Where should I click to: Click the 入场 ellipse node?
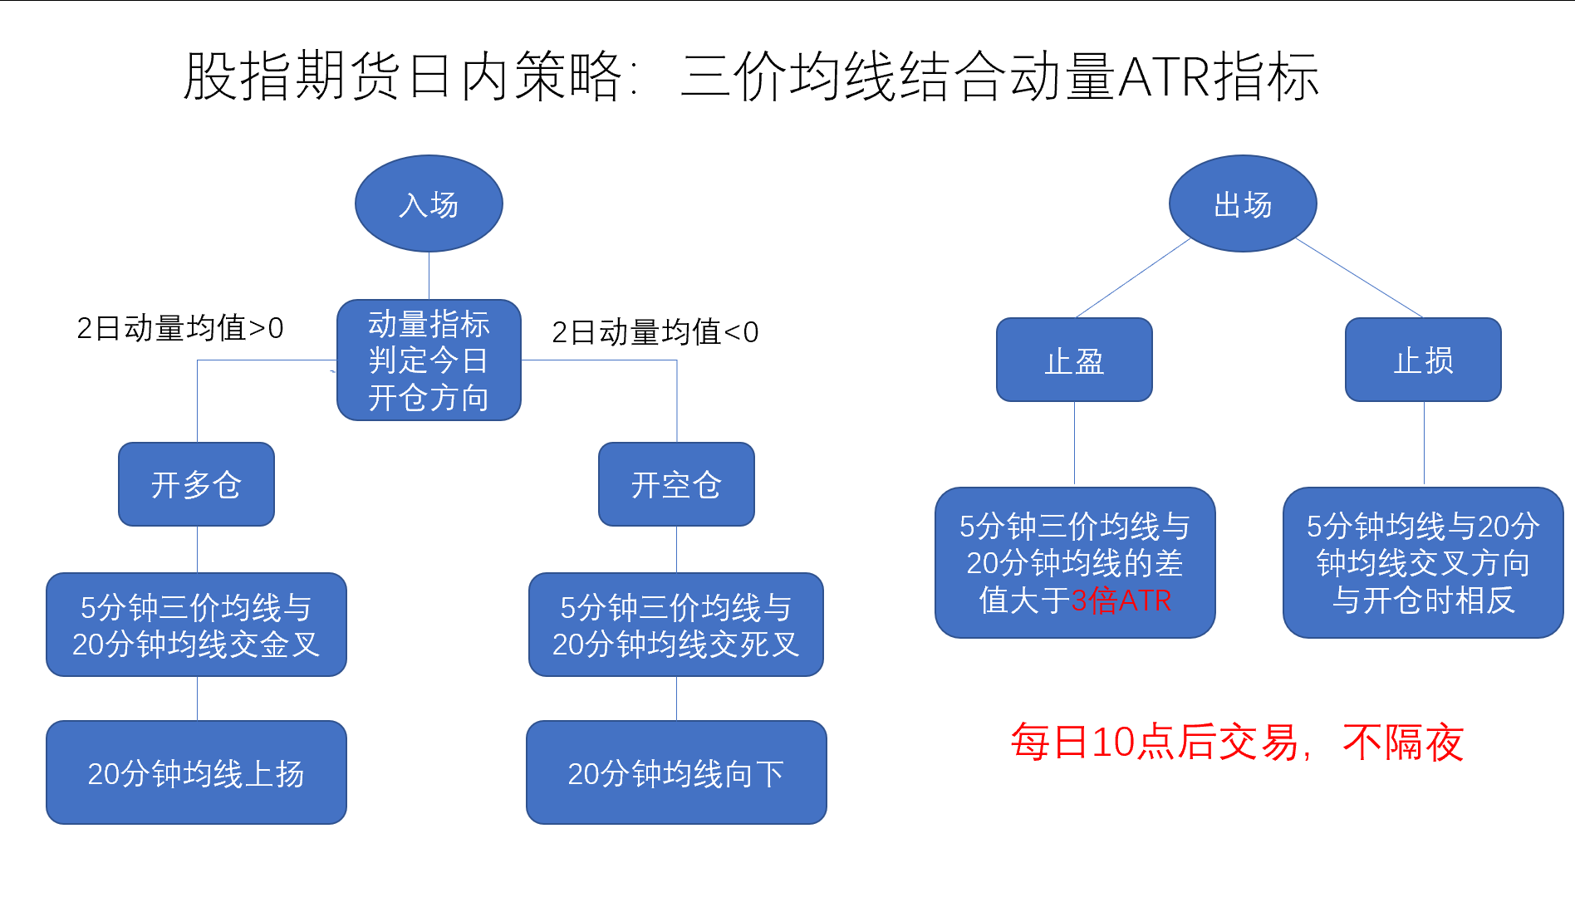[x=429, y=203]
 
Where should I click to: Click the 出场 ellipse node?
[x=1243, y=203]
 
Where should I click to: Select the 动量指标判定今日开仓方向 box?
[x=429, y=360]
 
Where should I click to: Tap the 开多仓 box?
[x=196, y=484]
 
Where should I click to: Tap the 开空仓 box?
[x=676, y=484]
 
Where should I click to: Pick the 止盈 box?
[x=1074, y=360]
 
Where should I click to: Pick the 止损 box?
[x=1423, y=360]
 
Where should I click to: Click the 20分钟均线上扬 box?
[x=196, y=772]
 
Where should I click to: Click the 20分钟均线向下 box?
[x=676, y=772]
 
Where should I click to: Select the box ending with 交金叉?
[x=196, y=625]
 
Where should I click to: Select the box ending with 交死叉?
[x=676, y=625]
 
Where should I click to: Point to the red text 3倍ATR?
[x=1121, y=601]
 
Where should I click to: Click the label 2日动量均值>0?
[x=180, y=328]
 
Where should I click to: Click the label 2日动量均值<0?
[x=655, y=332]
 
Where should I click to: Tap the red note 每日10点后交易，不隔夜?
[x=1236, y=742]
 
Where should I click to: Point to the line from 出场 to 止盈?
[x=1133, y=278]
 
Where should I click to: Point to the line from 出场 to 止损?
[x=1359, y=278]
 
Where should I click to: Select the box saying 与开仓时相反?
[x=1423, y=562]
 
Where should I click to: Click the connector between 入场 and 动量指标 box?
[x=429, y=276]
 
